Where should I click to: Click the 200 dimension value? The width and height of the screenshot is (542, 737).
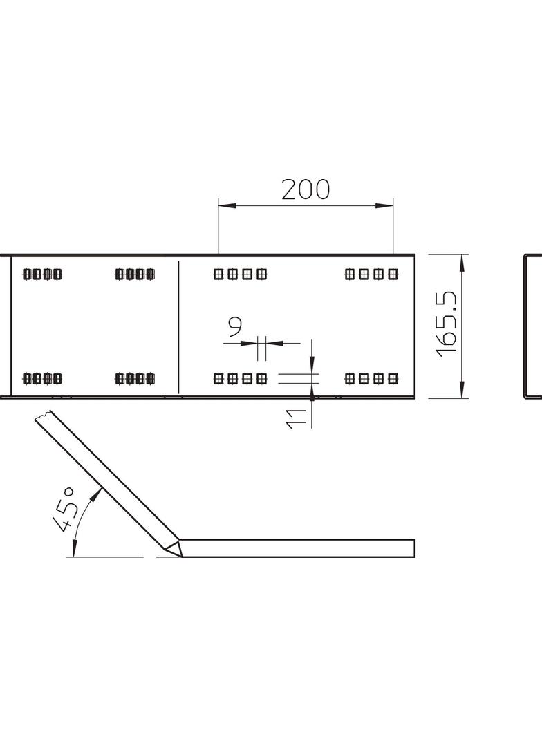pos(306,189)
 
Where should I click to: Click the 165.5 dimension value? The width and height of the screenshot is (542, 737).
pos(449,323)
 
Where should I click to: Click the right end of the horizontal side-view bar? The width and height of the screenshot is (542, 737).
pos(414,548)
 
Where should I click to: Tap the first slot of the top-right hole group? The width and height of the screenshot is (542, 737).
pos(350,274)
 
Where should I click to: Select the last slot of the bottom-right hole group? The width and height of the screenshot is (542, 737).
pos(393,378)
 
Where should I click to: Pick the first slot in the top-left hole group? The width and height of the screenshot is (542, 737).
pos(28,274)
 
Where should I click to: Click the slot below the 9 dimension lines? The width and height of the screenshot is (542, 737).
pos(261,378)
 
